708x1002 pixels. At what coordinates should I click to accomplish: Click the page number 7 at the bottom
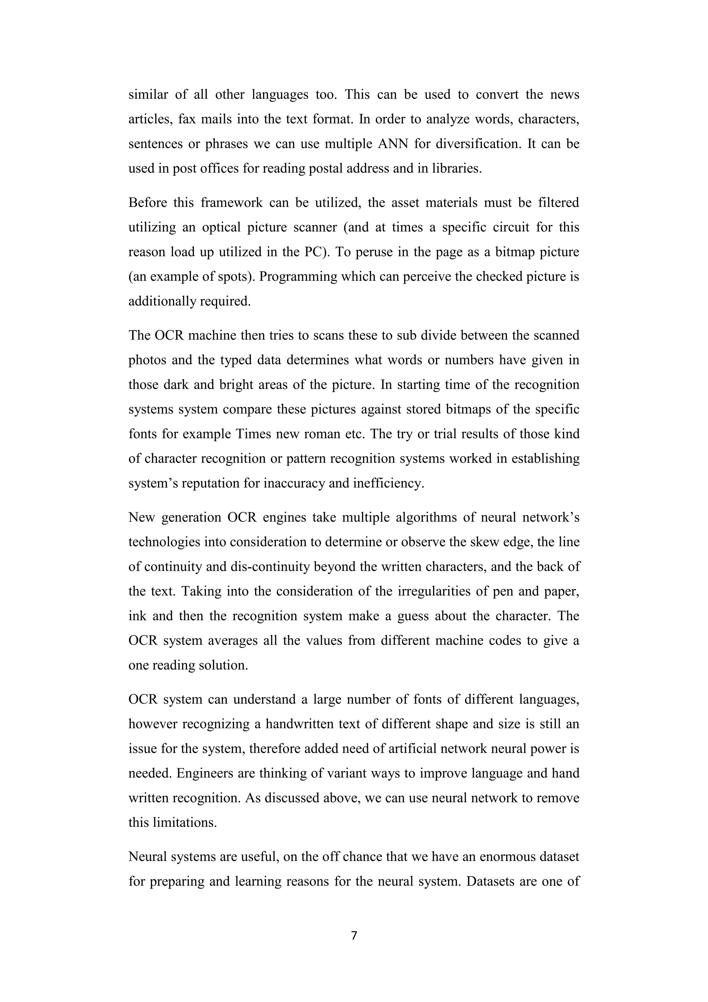pos(354,935)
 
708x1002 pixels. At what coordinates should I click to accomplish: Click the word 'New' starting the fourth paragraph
pos(141,517)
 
